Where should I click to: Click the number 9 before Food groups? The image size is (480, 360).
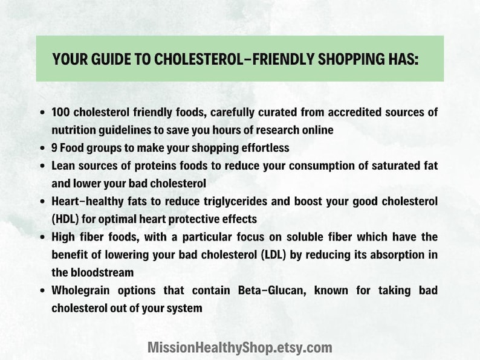pyautogui.click(x=54, y=147)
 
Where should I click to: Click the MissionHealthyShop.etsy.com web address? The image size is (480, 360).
pyautogui.click(x=240, y=347)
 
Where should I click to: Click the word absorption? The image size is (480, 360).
pyautogui.click(x=395, y=254)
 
